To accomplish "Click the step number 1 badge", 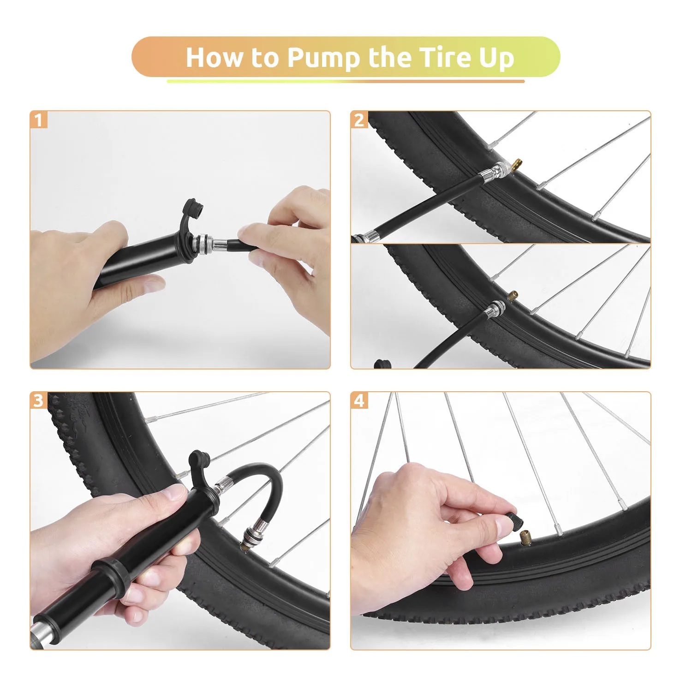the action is [39, 120].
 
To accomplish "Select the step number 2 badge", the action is [359, 120].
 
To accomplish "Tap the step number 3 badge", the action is [39, 400].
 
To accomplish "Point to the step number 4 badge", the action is [359, 400].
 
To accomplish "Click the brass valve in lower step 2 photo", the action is [513, 296].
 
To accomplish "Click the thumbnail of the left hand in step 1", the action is [153, 285].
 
